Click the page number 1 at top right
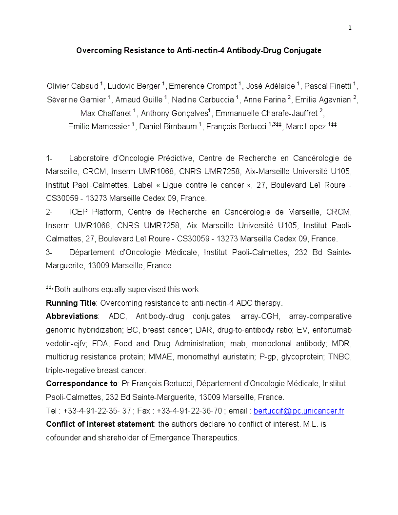(350, 28)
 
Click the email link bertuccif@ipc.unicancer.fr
(298, 411)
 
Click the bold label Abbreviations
(72, 316)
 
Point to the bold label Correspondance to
(81, 384)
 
